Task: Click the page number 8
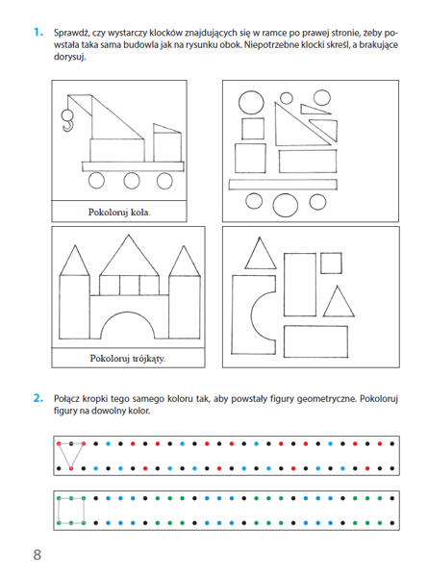coord(38,554)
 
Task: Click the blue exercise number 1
coord(38,33)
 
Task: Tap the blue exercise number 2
coord(38,398)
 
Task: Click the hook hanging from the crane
coord(67,120)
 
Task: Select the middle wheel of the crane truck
coord(132,181)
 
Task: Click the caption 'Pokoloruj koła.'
coord(119,213)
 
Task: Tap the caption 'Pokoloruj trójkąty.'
coord(128,358)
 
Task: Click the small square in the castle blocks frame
coord(331,263)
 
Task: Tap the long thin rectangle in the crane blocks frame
coord(283,185)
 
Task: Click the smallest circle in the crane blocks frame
coord(287,98)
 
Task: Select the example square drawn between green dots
coord(59,511)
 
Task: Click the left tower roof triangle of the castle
coord(75,262)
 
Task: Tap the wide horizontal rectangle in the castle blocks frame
coord(315,341)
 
